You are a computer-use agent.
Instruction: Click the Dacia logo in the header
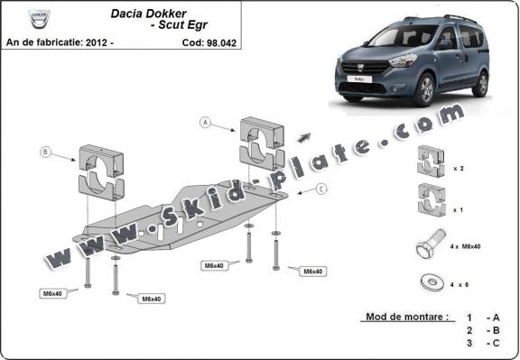(40, 18)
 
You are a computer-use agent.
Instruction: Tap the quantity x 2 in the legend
(459, 168)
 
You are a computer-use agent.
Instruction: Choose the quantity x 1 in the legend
(459, 208)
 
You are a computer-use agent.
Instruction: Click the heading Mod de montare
(405, 318)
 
